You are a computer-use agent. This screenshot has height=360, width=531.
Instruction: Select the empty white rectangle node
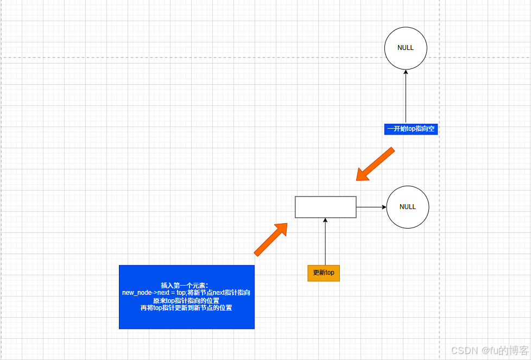pyautogui.click(x=325, y=207)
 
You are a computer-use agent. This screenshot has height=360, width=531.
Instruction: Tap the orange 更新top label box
pyautogui.click(x=324, y=273)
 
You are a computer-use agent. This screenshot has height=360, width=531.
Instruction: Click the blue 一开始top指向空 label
pyautogui.click(x=410, y=129)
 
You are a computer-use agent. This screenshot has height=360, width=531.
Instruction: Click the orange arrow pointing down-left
pyautogui.click(x=375, y=164)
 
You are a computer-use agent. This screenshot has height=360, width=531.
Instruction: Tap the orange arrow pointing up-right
pyautogui.click(x=270, y=239)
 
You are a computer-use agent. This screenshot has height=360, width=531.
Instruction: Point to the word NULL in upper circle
pyautogui.click(x=406, y=48)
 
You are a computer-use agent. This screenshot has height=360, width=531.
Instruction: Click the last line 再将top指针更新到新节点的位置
pyautogui.click(x=186, y=308)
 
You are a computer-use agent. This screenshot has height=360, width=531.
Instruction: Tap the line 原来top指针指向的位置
pyautogui.click(x=186, y=300)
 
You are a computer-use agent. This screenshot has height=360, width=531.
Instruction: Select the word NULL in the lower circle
pyautogui.click(x=408, y=207)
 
